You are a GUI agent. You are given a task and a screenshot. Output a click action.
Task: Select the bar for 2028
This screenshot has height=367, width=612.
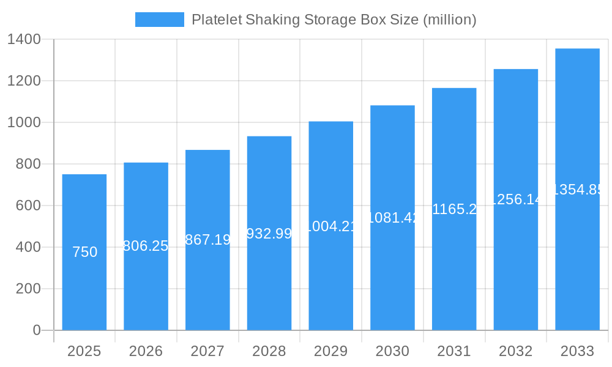[269, 281]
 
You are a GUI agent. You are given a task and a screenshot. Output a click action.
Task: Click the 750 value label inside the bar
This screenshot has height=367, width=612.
[84, 252]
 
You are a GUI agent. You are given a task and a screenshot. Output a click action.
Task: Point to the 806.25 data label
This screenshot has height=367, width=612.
[146, 246]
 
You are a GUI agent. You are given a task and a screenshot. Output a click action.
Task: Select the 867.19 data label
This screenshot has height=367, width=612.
[207, 240]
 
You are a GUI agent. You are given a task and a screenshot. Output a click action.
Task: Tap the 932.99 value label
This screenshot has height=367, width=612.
[269, 233]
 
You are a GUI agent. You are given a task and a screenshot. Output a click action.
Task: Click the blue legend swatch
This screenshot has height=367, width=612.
[159, 20]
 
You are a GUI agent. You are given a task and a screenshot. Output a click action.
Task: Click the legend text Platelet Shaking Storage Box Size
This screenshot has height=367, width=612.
[334, 20]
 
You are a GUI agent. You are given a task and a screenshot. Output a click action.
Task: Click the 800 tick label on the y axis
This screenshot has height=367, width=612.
[28, 164]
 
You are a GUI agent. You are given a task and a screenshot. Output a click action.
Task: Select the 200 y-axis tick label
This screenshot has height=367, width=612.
[28, 289]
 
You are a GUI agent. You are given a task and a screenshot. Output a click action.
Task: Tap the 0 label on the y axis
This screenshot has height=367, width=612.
[36, 330]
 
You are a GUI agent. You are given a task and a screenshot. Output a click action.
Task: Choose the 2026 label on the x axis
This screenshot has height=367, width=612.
[146, 351]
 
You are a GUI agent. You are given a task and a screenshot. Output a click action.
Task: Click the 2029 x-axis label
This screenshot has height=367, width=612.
[330, 351]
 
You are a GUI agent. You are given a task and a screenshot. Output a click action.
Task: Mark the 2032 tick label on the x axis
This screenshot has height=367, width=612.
[515, 351]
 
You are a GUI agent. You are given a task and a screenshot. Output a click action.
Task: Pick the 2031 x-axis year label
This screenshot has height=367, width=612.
[454, 351]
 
